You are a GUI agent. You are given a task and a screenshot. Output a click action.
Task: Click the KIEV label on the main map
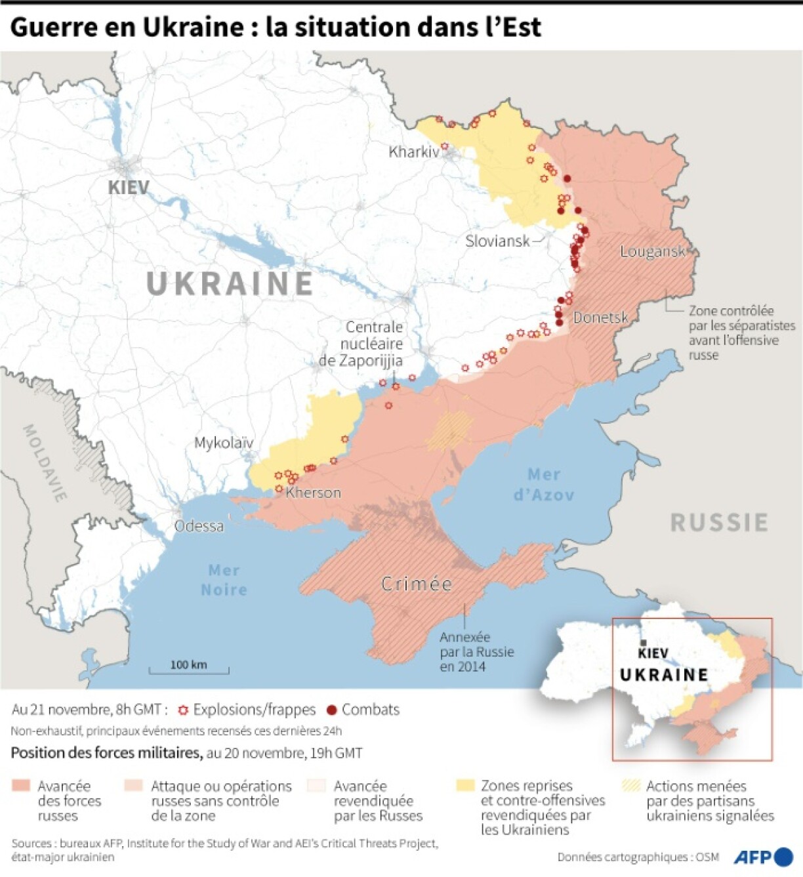pos(129,187)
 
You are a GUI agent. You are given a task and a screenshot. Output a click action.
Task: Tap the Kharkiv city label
pos(413,152)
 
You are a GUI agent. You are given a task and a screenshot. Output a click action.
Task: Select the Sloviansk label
pos(497,241)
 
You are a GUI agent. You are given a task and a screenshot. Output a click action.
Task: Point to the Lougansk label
pos(652,251)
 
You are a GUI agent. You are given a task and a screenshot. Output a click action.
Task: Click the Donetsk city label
pos(600,317)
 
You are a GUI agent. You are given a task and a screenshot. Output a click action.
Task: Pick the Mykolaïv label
pos(223,443)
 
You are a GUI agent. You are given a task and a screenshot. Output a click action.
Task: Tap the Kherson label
pos(313,493)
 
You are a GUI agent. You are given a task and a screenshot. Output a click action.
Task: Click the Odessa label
pos(199,526)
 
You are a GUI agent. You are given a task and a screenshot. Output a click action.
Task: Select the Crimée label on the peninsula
pos(417,584)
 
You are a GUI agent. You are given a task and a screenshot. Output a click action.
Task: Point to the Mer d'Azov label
pos(544,484)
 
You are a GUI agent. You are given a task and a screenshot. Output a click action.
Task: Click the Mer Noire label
pos(224,580)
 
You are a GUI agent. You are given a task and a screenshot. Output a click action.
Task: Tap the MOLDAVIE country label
pos(45,463)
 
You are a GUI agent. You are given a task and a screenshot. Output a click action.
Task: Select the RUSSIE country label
pos(719,523)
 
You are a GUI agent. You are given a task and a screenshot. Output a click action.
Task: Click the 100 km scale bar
pos(189,668)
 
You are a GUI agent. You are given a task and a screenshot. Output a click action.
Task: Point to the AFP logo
pos(763,857)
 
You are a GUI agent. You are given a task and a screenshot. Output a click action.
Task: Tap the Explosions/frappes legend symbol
pos(183,710)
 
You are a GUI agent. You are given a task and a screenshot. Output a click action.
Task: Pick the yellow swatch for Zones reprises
pos(465,785)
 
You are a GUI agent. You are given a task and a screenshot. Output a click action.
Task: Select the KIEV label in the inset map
pos(653,653)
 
